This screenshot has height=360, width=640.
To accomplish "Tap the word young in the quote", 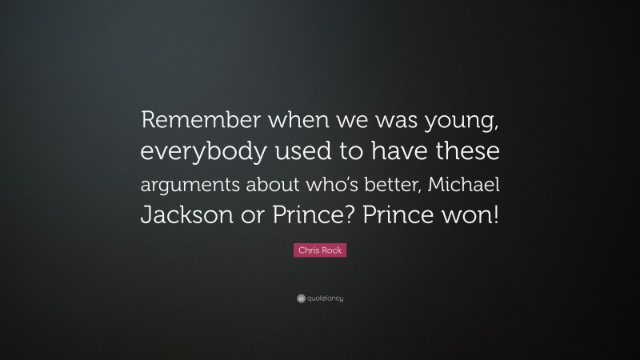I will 462,122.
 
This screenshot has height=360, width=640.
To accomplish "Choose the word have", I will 397,151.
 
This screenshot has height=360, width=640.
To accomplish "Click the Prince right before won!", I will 398,215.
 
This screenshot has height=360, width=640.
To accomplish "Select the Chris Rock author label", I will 320,250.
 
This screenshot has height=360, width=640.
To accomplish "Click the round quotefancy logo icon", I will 301,298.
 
